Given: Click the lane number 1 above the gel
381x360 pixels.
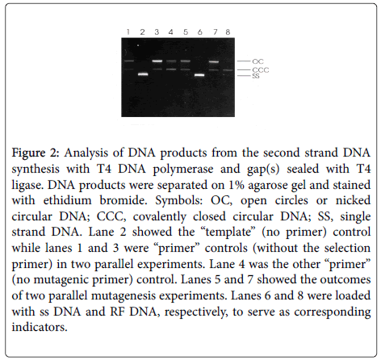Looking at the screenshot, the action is [128, 32].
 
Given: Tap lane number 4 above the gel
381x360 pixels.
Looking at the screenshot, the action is [170, 32].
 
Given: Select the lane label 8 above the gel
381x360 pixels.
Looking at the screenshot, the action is [228, 32].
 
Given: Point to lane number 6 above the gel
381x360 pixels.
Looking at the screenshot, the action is [199, 32].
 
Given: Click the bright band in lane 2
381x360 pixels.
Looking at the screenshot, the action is [143, 74].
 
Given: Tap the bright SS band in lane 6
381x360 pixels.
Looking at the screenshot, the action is [199, 75].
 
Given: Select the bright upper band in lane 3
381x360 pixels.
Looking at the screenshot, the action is [157, 61].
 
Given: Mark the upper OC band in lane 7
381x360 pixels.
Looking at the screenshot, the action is [214, 62].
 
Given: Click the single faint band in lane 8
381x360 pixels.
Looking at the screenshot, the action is [228, 70].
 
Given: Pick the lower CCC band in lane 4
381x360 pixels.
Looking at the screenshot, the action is [171, 69].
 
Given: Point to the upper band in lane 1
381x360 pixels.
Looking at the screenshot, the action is [129, 61].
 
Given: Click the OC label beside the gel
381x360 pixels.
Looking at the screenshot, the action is [257, 61].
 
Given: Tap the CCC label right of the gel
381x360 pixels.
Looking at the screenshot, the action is [261, 70].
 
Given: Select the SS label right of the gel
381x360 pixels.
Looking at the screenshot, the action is [256, 76].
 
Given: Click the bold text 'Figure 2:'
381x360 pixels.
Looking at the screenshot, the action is [35, 153].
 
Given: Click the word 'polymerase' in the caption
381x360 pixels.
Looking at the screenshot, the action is [183, 170].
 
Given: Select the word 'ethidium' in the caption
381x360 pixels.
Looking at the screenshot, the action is [67, 200].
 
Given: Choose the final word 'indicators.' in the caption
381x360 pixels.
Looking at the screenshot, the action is [40, 327].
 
